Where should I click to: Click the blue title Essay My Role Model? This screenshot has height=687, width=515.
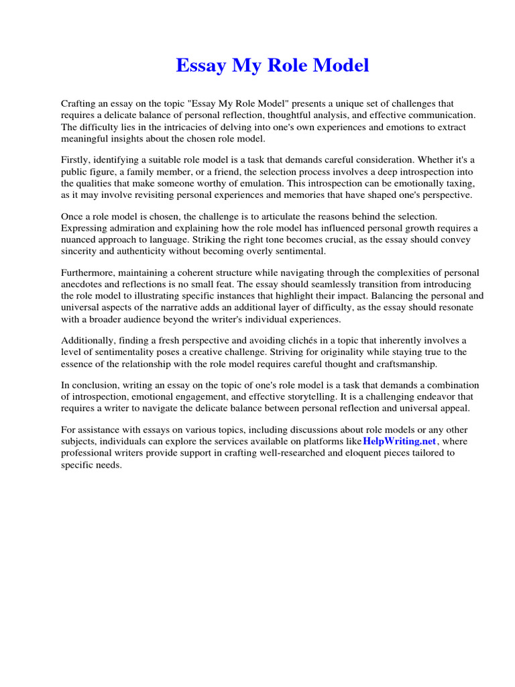point(272,66)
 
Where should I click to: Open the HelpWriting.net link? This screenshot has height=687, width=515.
point(400,441)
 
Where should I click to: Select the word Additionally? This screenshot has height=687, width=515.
point(88,341)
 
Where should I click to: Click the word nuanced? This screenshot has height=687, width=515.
point(82,240)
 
